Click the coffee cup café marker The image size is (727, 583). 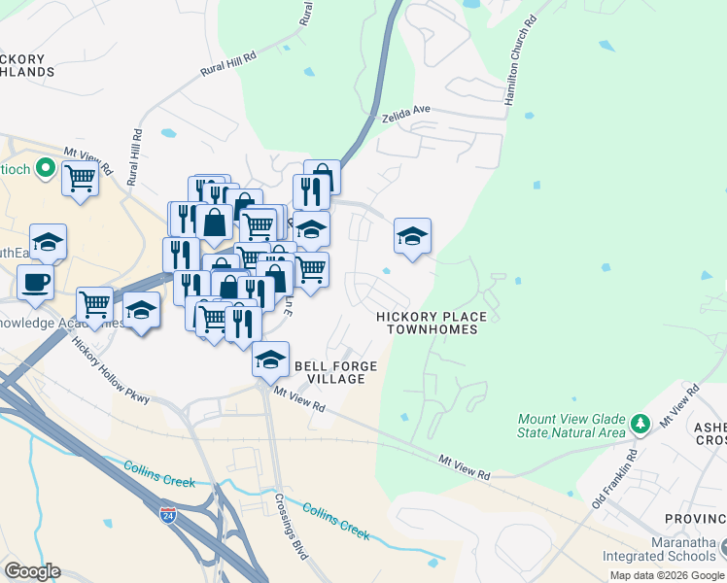click(35, 282)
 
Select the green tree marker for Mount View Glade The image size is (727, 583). click(640, 424)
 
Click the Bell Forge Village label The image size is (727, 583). click(335, 371)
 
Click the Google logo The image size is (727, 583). click(32, 571)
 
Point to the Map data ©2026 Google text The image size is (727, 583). click(667, 575)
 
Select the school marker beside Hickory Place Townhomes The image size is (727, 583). click(412, 236)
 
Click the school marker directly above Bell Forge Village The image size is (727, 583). click(270, 360)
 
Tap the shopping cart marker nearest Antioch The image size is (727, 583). click(80, 179)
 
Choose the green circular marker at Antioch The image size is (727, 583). click(44, 169)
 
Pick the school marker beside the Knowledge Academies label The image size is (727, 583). click(142, 311)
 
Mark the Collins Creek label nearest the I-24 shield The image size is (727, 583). click(159, 474)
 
